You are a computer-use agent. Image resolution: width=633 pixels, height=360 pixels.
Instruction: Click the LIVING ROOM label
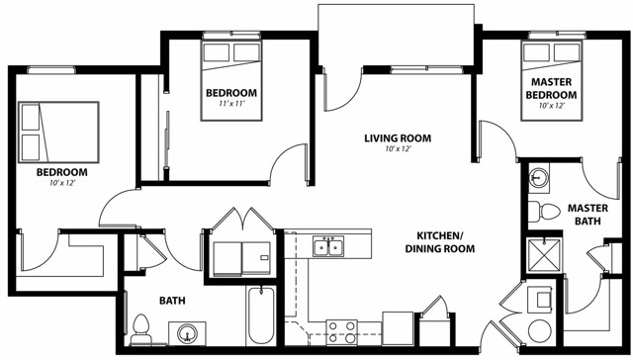[x=398, y=138]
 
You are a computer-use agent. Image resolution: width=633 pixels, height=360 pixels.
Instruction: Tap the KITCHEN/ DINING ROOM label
[x=440, y=242]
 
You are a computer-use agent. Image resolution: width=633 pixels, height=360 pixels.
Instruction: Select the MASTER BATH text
[x=588, y=215]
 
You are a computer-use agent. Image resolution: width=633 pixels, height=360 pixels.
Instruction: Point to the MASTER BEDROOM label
[x=551, y=88]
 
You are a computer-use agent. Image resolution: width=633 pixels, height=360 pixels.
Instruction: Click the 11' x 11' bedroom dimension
[x=231, y=103]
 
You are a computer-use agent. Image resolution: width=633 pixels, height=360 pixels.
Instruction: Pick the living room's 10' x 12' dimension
[x=398, y=149]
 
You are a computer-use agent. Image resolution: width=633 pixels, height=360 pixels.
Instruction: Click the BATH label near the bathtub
[x=172, y=301]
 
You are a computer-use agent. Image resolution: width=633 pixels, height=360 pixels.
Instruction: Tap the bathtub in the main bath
[x=261, y=315]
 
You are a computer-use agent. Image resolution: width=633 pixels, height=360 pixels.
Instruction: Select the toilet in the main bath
[x=140, y=329]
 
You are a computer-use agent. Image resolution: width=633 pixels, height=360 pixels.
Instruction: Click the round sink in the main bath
[x=187, y=333]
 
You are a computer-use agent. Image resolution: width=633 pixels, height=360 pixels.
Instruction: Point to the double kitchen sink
[x=328, y=246]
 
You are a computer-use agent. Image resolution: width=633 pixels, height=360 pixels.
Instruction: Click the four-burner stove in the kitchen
[x=341, y=332]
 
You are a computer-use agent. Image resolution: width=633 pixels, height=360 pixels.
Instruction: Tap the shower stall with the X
[x=544, y=255]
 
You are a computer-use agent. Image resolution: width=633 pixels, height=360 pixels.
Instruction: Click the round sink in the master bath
[x=538, y=176]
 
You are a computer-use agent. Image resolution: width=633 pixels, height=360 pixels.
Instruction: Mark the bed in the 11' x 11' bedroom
[x=231, y=80]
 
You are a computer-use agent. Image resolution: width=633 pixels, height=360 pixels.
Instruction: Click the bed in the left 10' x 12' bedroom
[x=58, y=133]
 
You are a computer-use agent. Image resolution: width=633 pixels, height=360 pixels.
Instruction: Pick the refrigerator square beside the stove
[x=398, y=328]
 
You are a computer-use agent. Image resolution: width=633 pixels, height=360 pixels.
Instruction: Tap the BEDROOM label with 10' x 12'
[x=61, y=172]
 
